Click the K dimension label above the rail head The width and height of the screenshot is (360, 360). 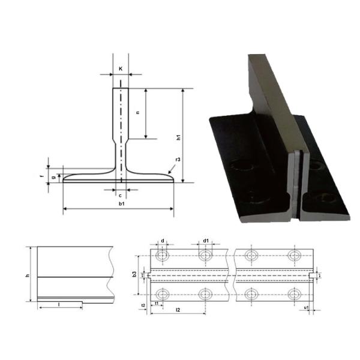121,69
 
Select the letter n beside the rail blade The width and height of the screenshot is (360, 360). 138,113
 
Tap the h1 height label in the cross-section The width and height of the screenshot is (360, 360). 178,137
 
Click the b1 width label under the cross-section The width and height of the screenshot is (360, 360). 122,204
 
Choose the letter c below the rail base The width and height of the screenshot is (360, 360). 120,195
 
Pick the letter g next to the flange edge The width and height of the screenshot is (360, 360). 55,178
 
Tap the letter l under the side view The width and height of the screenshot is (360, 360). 58,304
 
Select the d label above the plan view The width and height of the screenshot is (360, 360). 163,241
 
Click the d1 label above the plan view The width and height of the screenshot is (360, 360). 205,241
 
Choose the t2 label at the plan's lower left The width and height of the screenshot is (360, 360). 143,305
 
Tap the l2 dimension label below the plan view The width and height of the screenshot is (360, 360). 178,309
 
